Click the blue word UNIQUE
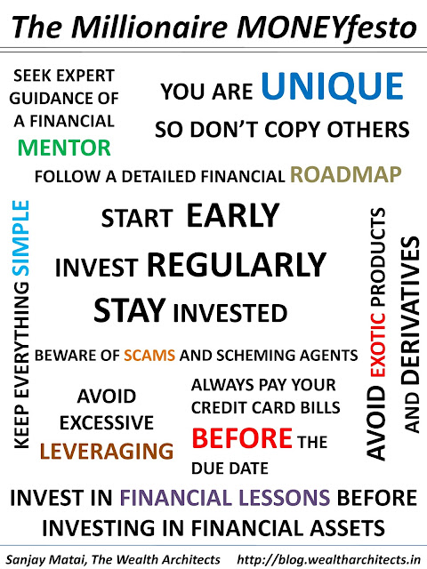click(x=332, y=86)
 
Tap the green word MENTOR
click(x=64, y=148)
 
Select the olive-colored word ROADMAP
click(x=346, y=174)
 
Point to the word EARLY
click(x=233, y=215)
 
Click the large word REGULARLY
click(x=237, y=265)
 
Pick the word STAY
click(x=130, y=310)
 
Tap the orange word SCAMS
click(x=149, y=356)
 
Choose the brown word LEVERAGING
click(x=107, y=451)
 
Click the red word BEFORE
click(x=242, y=438)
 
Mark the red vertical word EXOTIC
click(x=377, y=344)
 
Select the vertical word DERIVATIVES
click(x=411, y=310)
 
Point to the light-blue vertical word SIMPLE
click(x=20, y=238)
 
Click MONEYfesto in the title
click(x=326, y=28)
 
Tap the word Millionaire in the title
click(x=149, y=27)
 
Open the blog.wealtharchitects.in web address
click(x=329, y=559)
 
